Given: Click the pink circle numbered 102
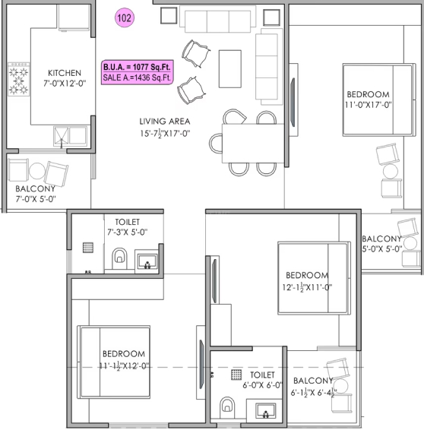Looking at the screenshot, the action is click(125, 17).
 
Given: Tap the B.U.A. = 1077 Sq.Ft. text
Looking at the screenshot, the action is click(137, 67).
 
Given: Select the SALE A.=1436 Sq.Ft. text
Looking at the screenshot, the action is click(137, 77).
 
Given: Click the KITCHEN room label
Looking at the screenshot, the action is click(65, 73).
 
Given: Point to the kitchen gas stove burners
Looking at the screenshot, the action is click(19, 79).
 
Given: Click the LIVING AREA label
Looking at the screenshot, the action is click(165, 122).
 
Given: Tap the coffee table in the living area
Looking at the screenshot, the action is click(230, 69).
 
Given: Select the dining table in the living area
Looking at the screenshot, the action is click(253, 144).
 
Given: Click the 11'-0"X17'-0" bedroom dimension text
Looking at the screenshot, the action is click(368, 105).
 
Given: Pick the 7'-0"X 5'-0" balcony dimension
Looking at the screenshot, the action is click(36, 199).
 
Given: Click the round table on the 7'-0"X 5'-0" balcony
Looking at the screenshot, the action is click(37, 171).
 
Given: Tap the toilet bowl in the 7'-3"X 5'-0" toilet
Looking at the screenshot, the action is click(119, 258).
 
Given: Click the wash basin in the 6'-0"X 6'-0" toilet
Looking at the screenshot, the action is click(265, 410).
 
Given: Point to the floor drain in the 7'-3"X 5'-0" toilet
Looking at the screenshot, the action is click(88, 248).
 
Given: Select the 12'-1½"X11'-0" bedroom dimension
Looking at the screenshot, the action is click(307, 287).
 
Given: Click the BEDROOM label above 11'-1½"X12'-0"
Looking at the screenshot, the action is click(124, 354).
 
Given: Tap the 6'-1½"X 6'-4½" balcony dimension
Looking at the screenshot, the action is click(314, 393).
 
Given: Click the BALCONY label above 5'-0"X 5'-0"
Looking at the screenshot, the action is click(381, 239).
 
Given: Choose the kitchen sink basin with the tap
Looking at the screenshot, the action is click(62, 136).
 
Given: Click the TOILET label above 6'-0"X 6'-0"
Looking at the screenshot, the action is click(262, 375).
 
